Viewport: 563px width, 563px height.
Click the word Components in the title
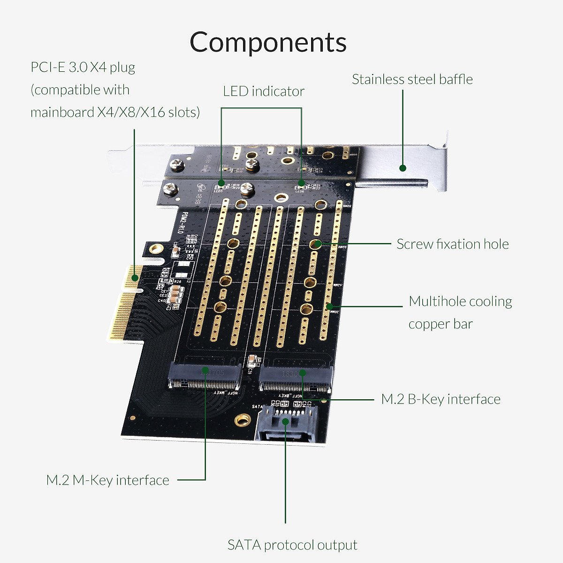point(268,42)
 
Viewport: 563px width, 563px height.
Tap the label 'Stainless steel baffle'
point(412,79)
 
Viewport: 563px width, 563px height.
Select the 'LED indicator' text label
point(263,91)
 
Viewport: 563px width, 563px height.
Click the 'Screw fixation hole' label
point(452,244)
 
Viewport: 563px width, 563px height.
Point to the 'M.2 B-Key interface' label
point(441,399)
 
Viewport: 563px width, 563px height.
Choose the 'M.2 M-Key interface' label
point(107,480)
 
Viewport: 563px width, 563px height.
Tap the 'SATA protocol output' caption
point(292,545)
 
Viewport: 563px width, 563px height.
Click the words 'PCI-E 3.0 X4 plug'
point(83,67)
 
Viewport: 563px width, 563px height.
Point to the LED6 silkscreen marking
point(299,191)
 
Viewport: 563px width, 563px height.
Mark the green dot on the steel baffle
point(402,168)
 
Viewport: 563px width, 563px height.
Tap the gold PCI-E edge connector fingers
point(123,305)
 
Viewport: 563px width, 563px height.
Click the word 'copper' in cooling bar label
point(429,324)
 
